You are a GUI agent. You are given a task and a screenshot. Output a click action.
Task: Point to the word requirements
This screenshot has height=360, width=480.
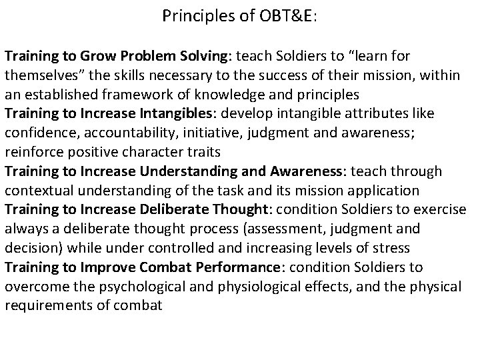pos(43,306)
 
